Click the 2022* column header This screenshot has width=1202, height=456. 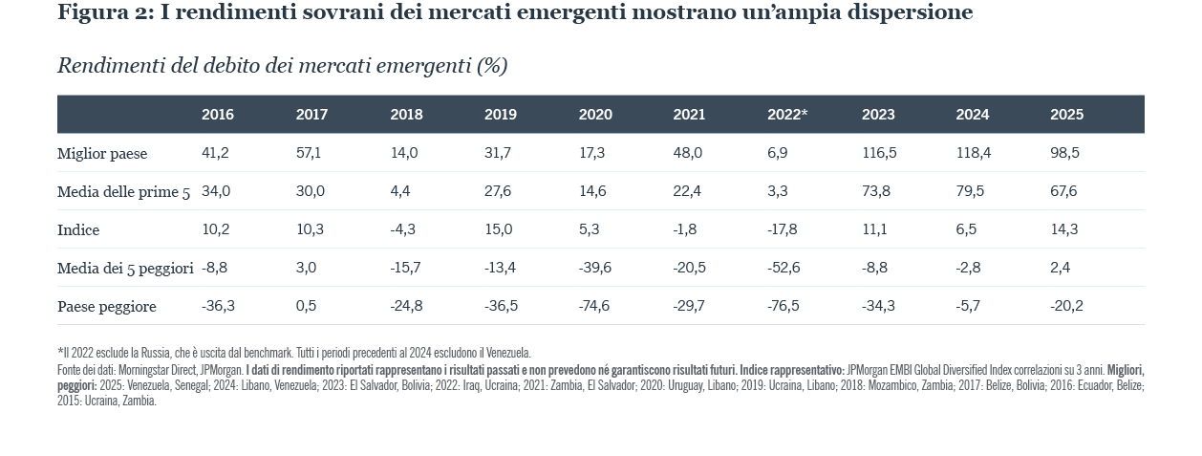point(786,115)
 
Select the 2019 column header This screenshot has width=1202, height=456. point(500,115)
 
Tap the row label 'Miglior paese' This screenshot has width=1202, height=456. point(102,154)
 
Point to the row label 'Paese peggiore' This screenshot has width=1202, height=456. point(106,307)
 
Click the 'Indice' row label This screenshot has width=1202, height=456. point(78,230)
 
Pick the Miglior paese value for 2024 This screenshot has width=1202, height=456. point(974,153)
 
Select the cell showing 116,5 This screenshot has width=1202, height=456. point(879,153)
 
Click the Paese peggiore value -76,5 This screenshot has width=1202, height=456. point(783,306)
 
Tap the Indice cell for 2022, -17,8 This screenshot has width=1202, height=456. point(782,229)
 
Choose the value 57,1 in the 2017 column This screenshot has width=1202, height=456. point(308,153)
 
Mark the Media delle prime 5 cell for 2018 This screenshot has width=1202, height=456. point(399,191)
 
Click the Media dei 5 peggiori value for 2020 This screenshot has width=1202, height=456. point(595,268)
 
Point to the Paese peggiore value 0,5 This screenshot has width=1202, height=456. point(306,306)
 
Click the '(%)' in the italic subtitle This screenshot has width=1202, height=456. point(491,66)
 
